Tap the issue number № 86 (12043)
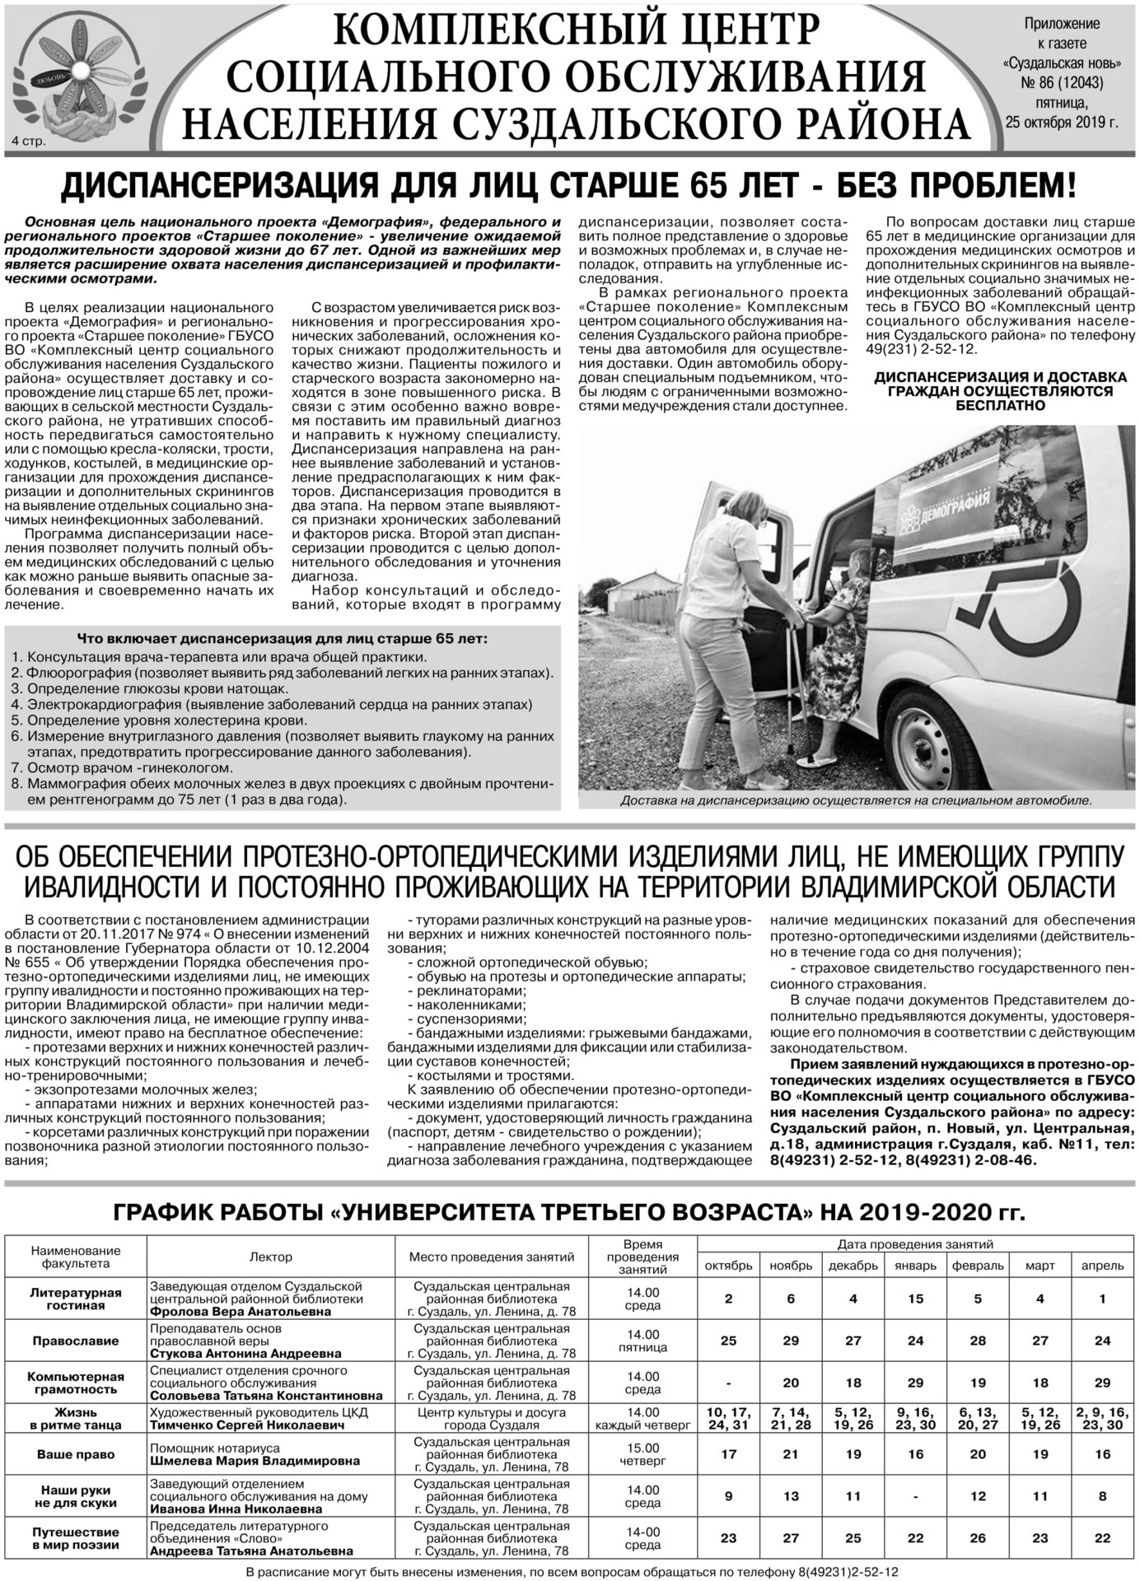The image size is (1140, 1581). click(x=1061, y=82)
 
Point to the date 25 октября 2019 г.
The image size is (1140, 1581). click(x=1061, y=123)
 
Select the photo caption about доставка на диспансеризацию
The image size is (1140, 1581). click(x=855, y=800)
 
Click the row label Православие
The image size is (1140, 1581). click(x=76, y=1341)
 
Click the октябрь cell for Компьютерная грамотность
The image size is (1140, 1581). click(x=728, y=1383)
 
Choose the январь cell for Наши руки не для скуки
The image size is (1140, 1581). click(x=915, y=1495)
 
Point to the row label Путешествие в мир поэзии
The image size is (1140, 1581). click(x=76, y=1538)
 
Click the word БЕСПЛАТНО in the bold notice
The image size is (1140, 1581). click(x=1001, y=405)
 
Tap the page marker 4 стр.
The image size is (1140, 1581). click(x=30, y=141)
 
